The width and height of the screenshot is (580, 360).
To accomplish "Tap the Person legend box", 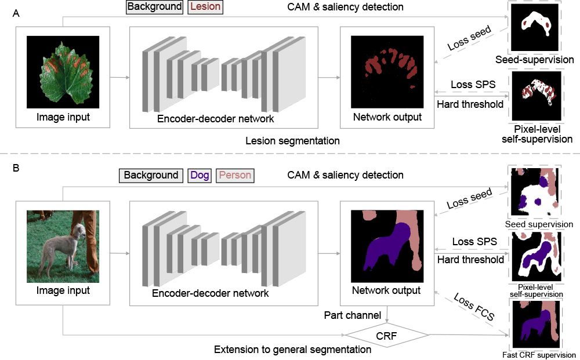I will coord(234,175).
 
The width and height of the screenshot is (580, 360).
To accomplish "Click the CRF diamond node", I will coord(387,335).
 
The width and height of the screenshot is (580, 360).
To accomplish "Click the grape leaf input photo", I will coord(63,72).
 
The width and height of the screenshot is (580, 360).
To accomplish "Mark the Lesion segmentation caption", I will coord(292,141).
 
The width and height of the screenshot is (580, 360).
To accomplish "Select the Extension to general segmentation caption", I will coord(292,350).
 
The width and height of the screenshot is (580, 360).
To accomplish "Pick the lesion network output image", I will coord(387,72).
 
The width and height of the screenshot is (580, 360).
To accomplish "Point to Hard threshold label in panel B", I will coord(470,260).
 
